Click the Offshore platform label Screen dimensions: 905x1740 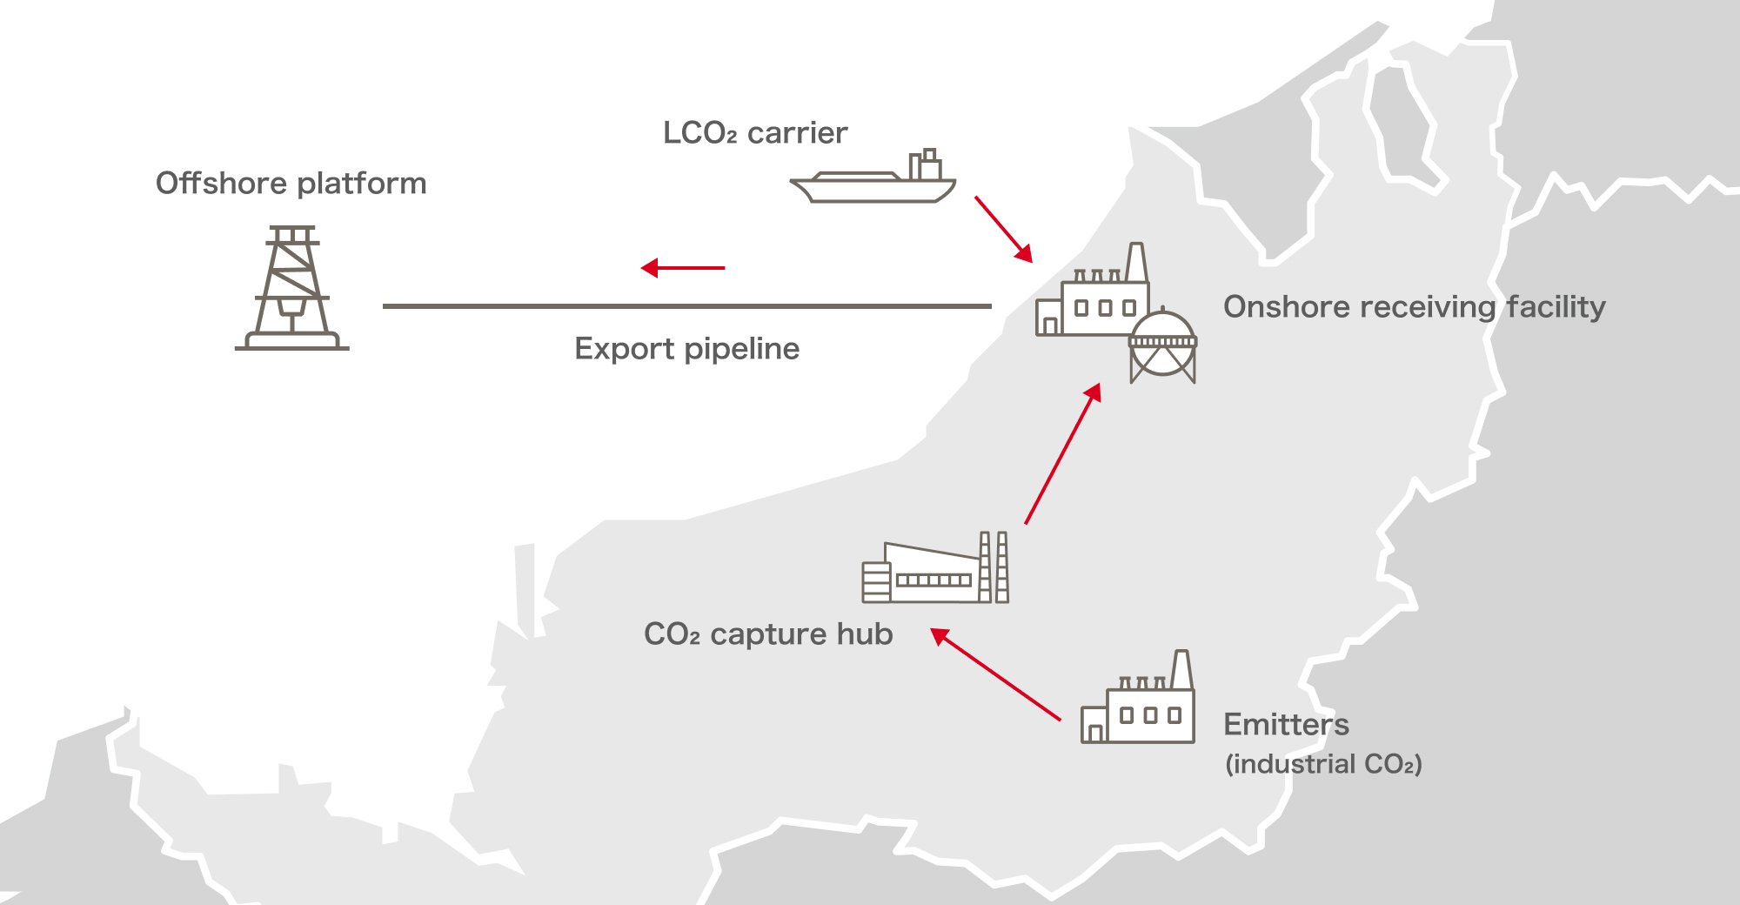tap(291, 184)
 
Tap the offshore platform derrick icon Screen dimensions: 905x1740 tap(291, 289)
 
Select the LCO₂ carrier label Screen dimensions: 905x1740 tap(754, 133)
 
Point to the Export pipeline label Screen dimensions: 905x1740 tap(686, 349)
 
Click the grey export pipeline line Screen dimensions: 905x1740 tap(686, 306)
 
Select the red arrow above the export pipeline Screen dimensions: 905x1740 tap(683, 268)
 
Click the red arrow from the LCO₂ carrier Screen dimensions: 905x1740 tap(1003, 229)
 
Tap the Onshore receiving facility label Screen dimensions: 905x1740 tap(1414, 307)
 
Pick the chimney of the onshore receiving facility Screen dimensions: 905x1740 tap(1135, 262)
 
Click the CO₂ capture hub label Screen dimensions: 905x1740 tap(768, 634)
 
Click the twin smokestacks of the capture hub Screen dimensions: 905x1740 tap(994, 566)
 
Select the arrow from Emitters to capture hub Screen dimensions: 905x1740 tap(995, 674)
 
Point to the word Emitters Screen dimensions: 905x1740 tap(1286, 725)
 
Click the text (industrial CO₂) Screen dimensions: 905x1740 tap(1323, 764)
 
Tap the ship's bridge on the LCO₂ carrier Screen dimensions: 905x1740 tap(927, 165)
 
